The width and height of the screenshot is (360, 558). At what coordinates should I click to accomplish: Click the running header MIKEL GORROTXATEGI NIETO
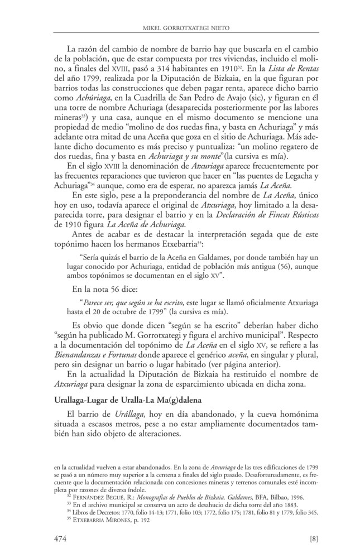tap(180, 27)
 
